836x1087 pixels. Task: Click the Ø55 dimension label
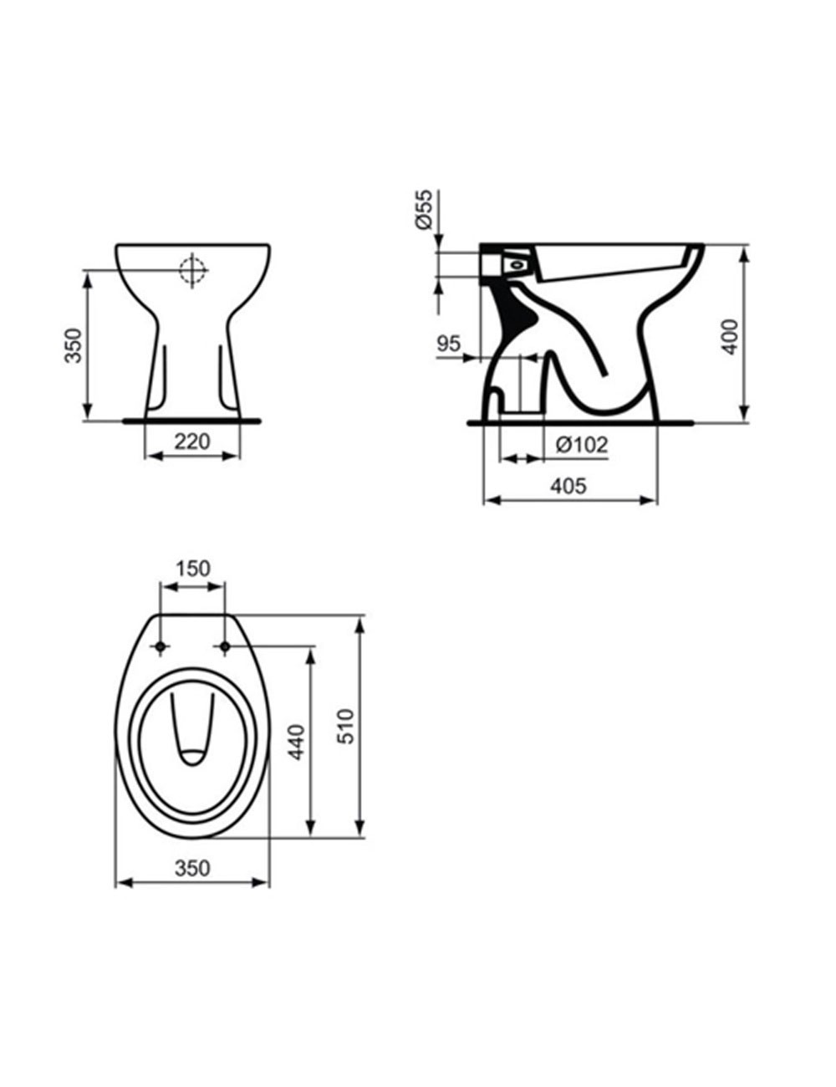424,210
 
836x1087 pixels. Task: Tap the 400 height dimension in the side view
731,337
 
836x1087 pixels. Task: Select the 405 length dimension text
568,485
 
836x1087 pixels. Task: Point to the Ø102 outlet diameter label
582,444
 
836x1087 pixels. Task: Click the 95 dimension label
448,344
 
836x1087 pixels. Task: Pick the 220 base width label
192,441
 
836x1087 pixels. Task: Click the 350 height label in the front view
74,345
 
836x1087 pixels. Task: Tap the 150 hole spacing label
192,569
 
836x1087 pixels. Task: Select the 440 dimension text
297,743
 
